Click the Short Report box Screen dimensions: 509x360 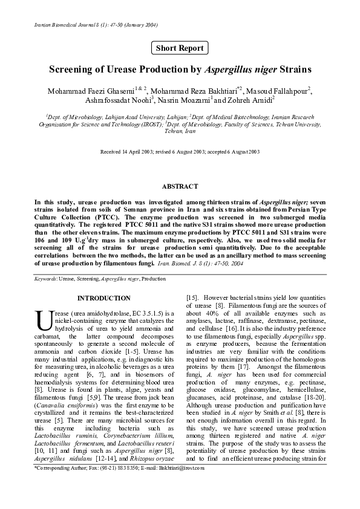[180, 48]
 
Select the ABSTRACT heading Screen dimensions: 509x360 [180, 186]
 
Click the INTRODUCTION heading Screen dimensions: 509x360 [103, 298]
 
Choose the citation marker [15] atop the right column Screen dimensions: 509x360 [193, 297]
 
